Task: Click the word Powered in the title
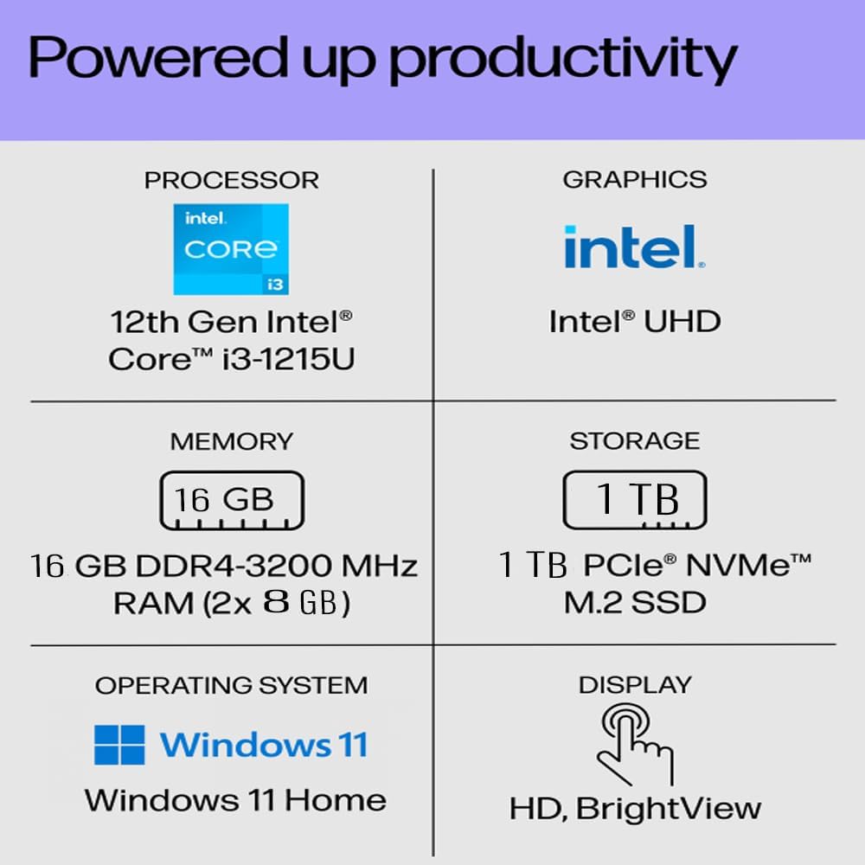pyautogui.click(x=158, y=57)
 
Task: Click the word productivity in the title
pyautogui.click(x=563, y=61)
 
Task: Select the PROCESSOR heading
pyautogui.click(x=232, y=181)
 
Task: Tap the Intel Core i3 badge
pyautogui.click(x=231, y=249)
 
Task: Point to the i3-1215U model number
pyautogui.click(x=289, y=359)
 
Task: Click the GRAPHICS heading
pyautogui.click(x=635, y=180)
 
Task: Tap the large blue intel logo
pyautogui.click(x=634, y=247)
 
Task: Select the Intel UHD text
pyautogui.click(x=635, y=321)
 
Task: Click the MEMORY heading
pyautogui.click(x=232, y=441)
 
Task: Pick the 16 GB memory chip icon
pyautogui.click(x=232, y=501)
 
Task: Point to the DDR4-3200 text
pyautogui.click(x=234, y=566)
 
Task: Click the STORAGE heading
pyautogui.click(x=635, y=441)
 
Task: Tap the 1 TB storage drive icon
pyautogui.click(x=635, y=500)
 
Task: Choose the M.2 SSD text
pyautogui.click(x=635, y=602)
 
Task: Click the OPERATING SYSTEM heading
pyautogui.click(x=232, y=686)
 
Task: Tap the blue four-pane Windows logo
pyautogui.click(x=119, y=745)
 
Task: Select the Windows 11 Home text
pyautogui.click(x=235, y=800)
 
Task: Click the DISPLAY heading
pyautogui.click(x=635, y=685)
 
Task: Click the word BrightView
pyautogui.click(x=669, y=809)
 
